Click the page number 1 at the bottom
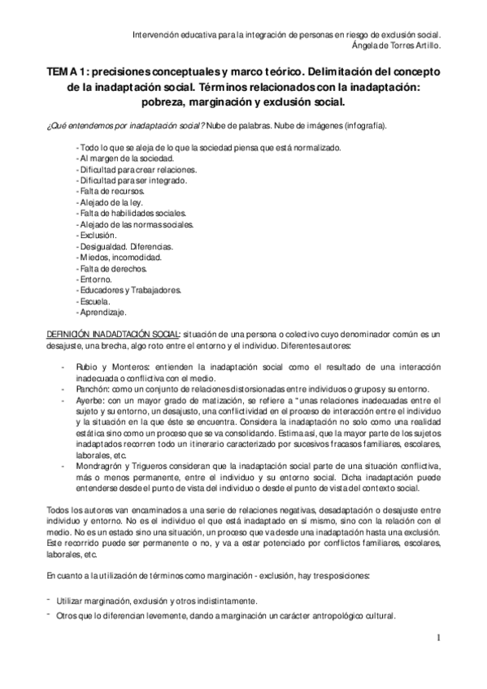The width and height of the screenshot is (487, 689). click(438, 637)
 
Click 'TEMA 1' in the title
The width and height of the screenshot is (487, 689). click(65, 73)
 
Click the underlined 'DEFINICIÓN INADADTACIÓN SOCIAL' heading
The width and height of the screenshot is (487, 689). click(113, 334)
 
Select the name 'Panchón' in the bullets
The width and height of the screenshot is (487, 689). click(91, 390)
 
